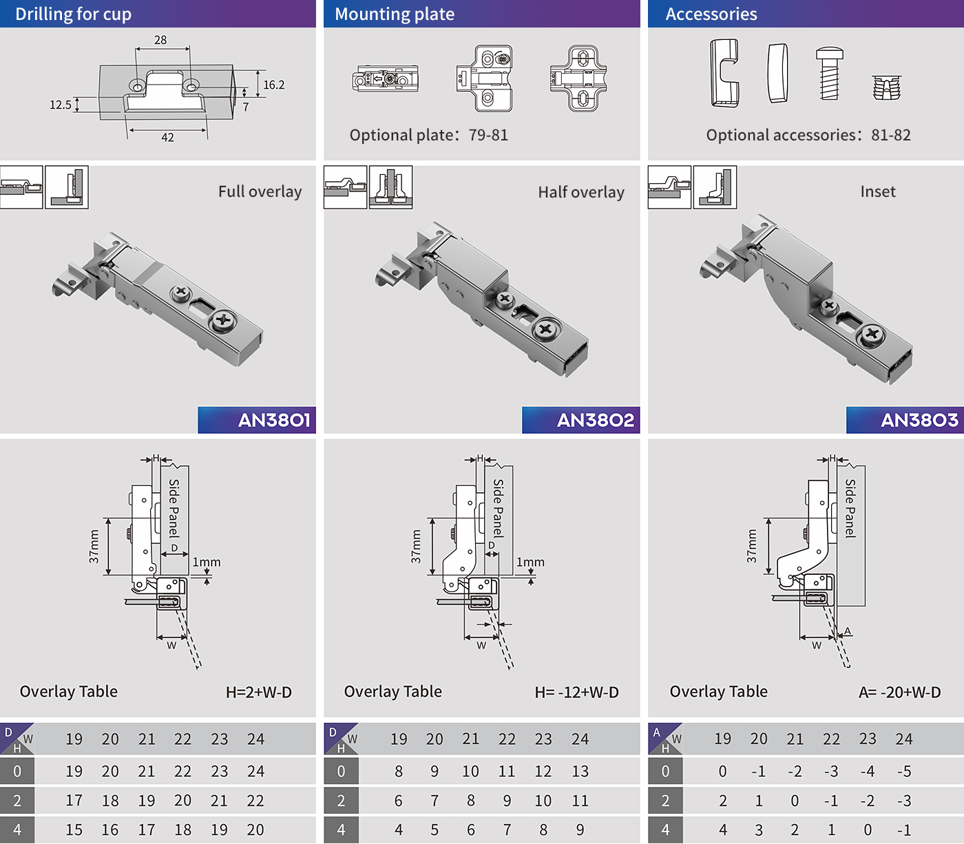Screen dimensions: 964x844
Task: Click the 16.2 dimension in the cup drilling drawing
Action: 274,85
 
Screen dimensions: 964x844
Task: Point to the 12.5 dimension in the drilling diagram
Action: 61,105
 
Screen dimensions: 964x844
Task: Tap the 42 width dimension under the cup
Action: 167,138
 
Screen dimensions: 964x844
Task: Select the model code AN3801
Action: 274,420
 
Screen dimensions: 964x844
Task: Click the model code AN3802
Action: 596,420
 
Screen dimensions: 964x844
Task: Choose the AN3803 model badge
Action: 919,420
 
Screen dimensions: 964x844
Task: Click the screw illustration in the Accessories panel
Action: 829,73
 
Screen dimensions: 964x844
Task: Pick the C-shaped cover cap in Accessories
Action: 724,73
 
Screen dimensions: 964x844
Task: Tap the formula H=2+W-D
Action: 259,692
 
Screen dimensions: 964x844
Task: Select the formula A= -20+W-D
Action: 899,692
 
